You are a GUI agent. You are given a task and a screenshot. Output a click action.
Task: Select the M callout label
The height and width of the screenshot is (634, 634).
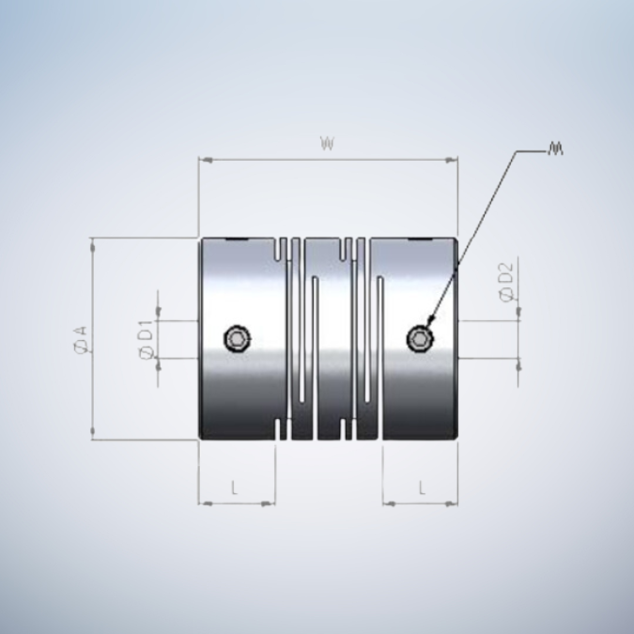[555, 149]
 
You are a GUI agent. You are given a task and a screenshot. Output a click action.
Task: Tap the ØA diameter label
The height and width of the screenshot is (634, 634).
[80, 339]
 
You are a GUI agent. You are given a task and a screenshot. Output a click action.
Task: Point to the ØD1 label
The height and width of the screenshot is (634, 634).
[145, 339]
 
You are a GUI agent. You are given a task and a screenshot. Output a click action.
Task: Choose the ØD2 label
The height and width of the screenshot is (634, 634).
[507, 283]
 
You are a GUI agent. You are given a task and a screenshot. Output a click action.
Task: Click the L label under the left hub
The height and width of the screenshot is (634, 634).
[235, 488]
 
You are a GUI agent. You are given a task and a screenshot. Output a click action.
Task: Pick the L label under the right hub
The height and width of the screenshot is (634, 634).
[422, 488]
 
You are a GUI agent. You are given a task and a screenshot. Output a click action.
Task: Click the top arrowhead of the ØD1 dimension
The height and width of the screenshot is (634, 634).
[158, 316]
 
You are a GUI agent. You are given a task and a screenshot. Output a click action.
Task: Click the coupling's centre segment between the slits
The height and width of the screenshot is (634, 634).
[327, 338]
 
